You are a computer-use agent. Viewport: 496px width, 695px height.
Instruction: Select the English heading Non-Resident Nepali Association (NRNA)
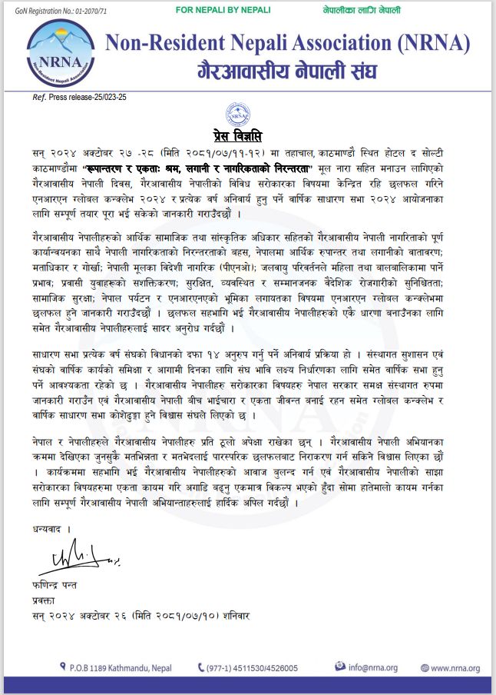(x=287, y=43)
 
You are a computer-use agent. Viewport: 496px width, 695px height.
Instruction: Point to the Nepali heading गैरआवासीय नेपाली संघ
(x=287, y=73)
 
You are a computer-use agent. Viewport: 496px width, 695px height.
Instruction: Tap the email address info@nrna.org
(x=372, y=668)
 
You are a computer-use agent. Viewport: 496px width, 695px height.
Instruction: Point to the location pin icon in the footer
(x=62, y=667)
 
